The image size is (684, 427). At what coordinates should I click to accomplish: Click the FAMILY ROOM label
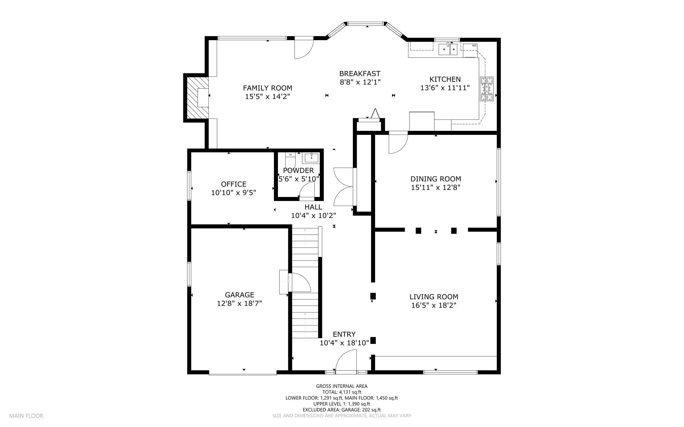[268, 88]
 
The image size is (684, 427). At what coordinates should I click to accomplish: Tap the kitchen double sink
[448, 49]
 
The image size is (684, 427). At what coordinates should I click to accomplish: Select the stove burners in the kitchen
[487, 89]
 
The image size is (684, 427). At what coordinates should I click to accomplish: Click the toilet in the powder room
[290, 160]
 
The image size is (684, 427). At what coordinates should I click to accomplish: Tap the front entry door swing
[346, 361]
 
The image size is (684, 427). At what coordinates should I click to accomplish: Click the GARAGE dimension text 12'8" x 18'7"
[239, 303]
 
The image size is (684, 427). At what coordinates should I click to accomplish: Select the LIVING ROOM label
[434, 297]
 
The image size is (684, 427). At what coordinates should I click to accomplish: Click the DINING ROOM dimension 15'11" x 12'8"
[436, 188]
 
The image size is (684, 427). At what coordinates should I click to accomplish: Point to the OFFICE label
[234, 184]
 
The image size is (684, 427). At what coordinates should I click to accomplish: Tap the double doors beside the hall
[343, 187]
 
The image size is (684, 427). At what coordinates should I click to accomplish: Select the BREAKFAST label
[360, 73]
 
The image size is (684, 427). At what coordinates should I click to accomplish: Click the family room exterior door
[304, 49]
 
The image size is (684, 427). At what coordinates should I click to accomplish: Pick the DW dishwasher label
[474, 45]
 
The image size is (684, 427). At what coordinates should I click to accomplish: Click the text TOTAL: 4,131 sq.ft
[342, 392]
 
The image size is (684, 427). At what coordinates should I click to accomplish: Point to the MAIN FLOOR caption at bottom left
[26, 416]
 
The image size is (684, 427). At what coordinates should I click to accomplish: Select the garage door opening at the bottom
[243, 373]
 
